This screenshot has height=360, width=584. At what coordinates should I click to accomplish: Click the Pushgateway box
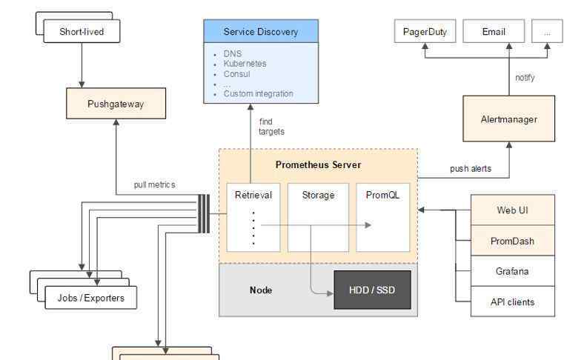point(116,104)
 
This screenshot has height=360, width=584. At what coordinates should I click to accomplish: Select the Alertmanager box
point(508,119)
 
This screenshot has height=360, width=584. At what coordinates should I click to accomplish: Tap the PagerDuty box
point(424,31)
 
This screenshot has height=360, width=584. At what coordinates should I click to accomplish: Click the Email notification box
point(494,31)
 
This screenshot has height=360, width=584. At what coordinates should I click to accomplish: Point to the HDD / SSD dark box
point(372,290)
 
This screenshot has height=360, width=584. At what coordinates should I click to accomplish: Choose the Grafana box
point(512,271)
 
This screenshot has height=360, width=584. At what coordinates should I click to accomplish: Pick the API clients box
point(512,301)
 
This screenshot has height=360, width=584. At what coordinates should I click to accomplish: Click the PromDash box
point(512,241)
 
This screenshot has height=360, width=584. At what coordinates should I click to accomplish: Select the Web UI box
point(512,210)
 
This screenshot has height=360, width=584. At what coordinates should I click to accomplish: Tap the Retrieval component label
point(253,195)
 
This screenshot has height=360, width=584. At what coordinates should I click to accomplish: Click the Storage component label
point(318,195)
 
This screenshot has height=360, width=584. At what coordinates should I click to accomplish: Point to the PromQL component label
point(382,195)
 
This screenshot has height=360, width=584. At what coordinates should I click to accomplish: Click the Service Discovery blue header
point(261,32)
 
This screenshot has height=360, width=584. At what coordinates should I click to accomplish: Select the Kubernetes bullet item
point(245,64)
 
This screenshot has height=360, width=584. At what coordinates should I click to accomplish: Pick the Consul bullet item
point(236,74)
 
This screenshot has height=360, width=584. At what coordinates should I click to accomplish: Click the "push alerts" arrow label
point(470,169)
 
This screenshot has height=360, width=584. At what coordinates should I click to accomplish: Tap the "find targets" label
point(271,127)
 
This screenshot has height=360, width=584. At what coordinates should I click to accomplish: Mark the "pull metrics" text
point(154,184)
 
